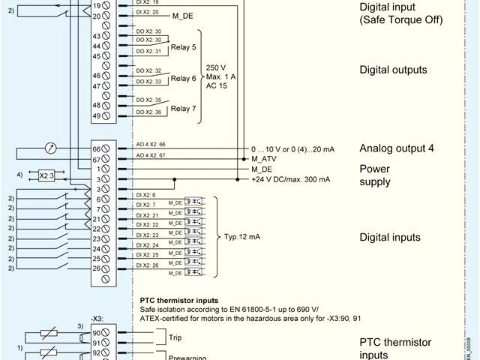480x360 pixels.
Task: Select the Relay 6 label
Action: tap(183, 78)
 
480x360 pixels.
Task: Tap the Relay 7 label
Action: tap(183, 108)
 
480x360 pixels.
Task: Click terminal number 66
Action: tap(97, 148)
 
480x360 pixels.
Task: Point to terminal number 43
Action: tap(97, 37)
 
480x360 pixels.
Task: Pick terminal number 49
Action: tap(97, 115)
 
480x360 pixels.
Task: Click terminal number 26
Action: tap(97, 268)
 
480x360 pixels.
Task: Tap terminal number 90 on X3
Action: tap(97, 332)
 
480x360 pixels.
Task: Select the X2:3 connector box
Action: tap(46, 175)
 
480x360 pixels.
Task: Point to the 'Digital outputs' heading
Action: tap(393, 70)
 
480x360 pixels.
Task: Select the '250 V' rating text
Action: tap(215, 67)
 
